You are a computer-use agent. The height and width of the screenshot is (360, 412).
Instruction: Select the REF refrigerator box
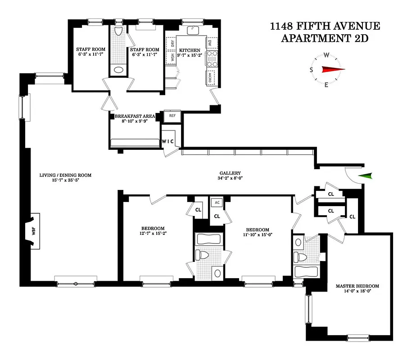(172, 116)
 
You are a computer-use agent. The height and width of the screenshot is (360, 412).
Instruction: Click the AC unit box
(217, 202)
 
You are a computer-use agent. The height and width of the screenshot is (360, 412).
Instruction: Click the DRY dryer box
(172, 43)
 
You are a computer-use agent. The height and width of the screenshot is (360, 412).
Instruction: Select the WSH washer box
(172, 58)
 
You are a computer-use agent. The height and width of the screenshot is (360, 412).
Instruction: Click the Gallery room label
(230, 173)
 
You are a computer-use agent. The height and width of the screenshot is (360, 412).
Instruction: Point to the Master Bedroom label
(357, 286)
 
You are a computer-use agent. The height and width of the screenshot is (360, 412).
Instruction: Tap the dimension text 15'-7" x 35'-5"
(59, 180)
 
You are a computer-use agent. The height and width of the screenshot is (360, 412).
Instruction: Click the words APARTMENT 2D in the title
(325, 38)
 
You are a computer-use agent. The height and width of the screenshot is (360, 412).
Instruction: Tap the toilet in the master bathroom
(300, 257)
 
